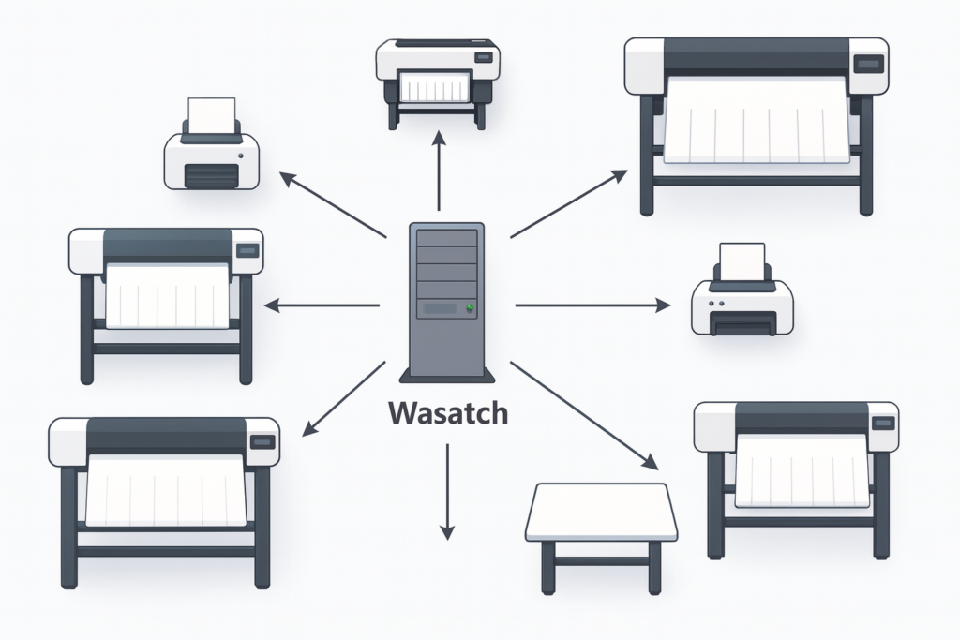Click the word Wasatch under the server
click(447, 413)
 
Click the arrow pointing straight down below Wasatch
click(447, 491)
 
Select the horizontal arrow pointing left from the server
click(322, 305)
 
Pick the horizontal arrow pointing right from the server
click(592, 305)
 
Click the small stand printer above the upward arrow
click(437, 80)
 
